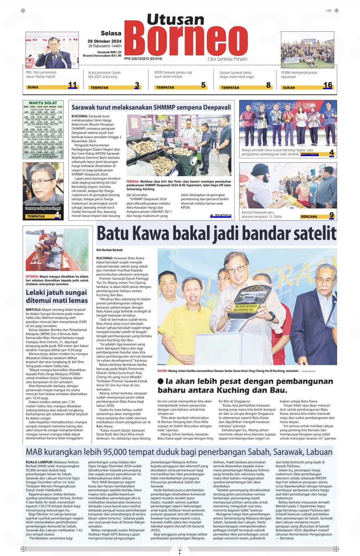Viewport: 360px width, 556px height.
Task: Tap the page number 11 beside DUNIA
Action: [72, 85]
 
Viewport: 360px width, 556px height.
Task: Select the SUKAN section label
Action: [289, 87]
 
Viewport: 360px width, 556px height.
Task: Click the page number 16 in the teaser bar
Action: [328, 85]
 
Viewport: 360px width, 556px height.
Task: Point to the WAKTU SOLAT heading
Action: [43, 103]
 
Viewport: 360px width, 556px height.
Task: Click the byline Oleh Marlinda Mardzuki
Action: [109, 250]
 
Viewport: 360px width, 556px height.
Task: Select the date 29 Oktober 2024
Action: [104, 41]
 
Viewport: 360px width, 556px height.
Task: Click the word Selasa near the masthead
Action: [111, 33]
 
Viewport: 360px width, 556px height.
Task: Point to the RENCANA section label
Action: [309, 217]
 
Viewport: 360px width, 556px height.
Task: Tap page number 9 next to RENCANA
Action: [331, 215]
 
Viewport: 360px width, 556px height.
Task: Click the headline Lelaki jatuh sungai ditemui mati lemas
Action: [56, 296]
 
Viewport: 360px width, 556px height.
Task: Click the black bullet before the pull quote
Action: [161, 381]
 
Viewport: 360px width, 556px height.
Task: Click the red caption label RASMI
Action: [162, 371]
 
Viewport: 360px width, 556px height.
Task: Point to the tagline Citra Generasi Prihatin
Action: [227, 59]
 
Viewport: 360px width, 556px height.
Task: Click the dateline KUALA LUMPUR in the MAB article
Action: [39, 462]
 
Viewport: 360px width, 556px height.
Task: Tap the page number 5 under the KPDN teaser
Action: [203, 85]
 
